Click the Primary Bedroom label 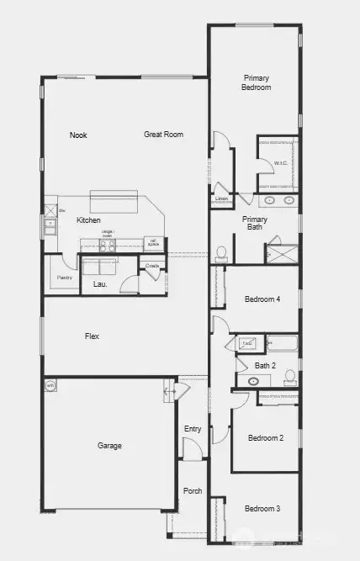click(x=256, y=82)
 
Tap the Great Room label click(x=163, y=135)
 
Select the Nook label click(x=78, y=135)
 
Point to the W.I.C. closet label click(x=281, y=162)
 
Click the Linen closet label click(x=221, y=199)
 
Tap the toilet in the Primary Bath click(x=221, y=252)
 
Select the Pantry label click(x=64, y=278)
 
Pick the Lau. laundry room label click(x=98, y=285)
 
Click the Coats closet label click(x=152, y=266)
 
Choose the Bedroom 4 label click(x=262, y=299)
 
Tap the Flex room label click(x=92, y=336)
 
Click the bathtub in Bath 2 click(x=282, y=343)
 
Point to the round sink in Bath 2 click(x=254, y=382)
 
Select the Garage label click(x=109, y=446)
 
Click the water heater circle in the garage click(x=50, y=386)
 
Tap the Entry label click(x=193, y=429)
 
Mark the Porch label click(x=193, y=491)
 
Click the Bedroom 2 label click(x=263, y=438)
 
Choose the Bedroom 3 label click(x=262, y=509)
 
